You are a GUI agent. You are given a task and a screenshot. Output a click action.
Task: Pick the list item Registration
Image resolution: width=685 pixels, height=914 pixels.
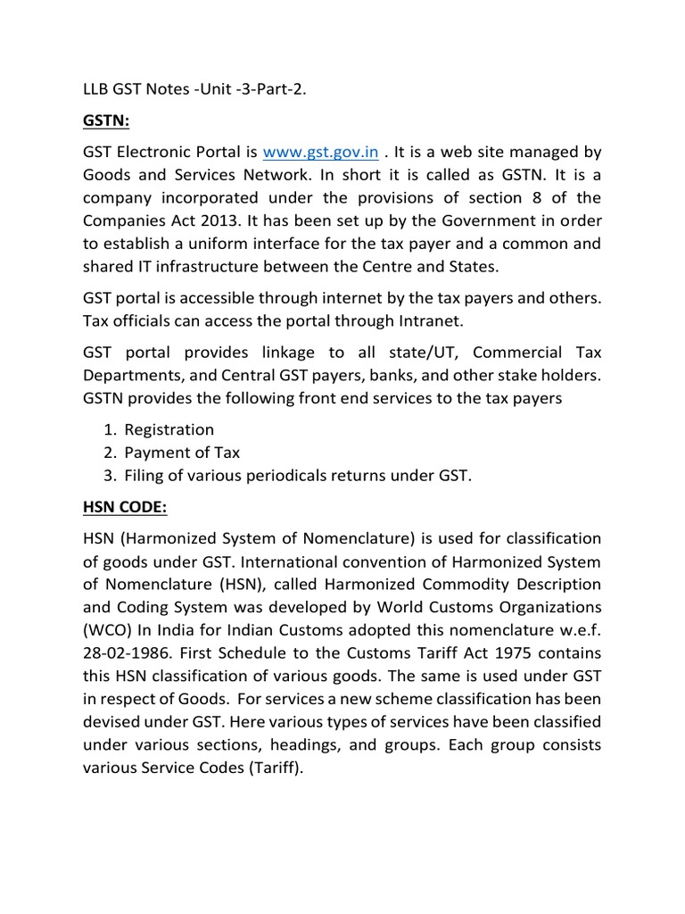169,429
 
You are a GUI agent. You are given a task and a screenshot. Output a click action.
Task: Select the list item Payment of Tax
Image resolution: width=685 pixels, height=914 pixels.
182,453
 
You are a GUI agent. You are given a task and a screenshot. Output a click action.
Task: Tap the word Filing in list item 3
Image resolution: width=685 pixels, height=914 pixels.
145,476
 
